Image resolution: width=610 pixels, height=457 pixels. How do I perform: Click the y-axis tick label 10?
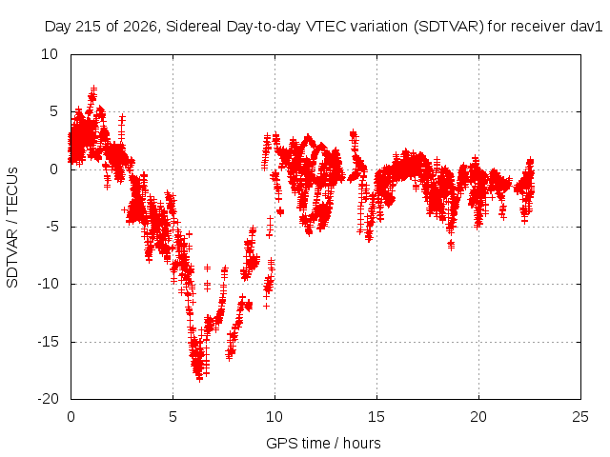click(50, 54)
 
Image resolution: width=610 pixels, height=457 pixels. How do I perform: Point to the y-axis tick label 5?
click(53, 112)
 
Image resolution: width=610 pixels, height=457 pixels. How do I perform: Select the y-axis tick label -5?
click(51, 227)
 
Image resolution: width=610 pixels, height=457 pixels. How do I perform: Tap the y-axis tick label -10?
click(48, 284)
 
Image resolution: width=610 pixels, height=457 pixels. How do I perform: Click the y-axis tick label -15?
click(48, 342)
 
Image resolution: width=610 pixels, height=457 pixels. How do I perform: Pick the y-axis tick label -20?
click(48, 399)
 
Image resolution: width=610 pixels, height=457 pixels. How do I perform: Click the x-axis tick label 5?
click(173, 417)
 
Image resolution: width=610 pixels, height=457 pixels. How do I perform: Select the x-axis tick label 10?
click(274, 417)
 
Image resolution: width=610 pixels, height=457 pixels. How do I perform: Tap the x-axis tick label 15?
click(376, 417)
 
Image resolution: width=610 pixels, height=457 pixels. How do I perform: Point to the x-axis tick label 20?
click(478, 417)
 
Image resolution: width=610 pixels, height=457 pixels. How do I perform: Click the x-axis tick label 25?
click(580, 417)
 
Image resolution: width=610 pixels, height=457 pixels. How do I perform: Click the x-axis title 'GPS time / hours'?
click(323, 444)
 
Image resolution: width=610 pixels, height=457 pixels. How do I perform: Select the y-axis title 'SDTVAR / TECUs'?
click(12, 228)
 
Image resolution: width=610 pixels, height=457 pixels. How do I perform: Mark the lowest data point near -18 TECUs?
click(199, 379)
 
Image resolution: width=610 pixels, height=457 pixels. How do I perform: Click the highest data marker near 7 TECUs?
click(93, 89)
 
